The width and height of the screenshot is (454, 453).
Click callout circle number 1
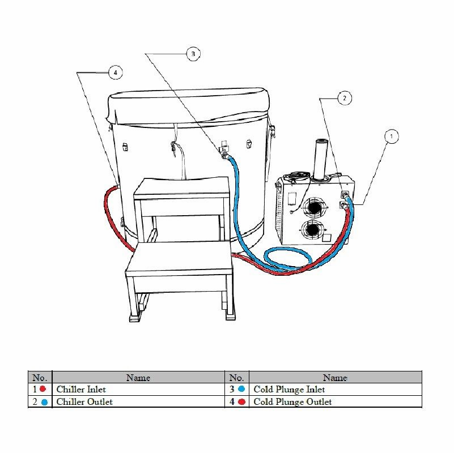click(x=392, y=136)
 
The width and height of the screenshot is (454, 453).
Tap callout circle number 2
click(x=344, y=98)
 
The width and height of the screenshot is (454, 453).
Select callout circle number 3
click(x=193, y=54)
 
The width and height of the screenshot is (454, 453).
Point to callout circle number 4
click(x=116, y=72)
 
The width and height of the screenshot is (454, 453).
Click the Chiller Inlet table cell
click(x=138, y=390)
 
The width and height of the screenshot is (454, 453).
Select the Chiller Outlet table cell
click(x=138, y=402)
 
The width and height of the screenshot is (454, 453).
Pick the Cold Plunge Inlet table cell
click(x=336, y=390)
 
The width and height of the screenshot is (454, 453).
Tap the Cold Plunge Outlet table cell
click(x=336, y=402)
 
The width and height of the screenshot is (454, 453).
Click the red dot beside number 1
click(x=43, y=389)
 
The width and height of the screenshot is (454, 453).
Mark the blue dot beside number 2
click(x=44, y=402)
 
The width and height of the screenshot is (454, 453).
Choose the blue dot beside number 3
click(x=241, y=389)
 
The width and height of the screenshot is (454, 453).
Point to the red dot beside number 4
click(x=241, y=402)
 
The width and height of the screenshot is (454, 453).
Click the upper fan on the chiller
click(x=314, y=207)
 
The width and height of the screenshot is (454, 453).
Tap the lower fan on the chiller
click(x=313, y=230)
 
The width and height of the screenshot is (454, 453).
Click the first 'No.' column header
click(x=40, y=378)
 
